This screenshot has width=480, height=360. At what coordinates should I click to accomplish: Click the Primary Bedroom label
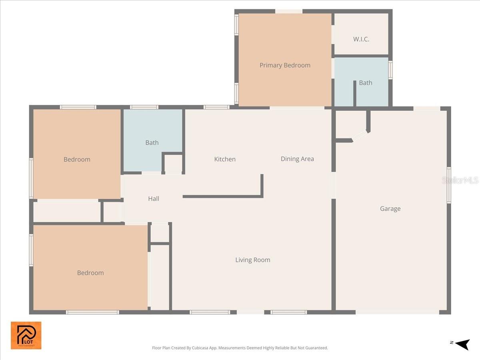click(x=285, y=65)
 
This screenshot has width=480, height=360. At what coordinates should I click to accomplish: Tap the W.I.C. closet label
click(x=361, y=39)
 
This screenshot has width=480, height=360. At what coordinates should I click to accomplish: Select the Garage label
click(x=390, y=208)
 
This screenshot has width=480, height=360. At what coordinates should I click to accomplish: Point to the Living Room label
click(x=252, y=260)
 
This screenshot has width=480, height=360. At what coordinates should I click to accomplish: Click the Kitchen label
click(x=225, y=159)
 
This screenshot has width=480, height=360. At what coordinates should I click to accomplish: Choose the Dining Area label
click(x=297, y=159)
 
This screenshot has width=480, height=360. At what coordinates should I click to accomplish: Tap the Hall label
click(x=154, y=198)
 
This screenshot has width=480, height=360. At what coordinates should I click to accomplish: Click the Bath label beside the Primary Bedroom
click(x=365, y=83)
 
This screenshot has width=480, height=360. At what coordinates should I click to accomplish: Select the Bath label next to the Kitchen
click(x=152, y=142)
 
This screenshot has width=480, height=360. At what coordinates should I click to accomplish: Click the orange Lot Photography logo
click(x=26, y=335)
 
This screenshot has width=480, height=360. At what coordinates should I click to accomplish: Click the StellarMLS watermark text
click(x=460, y=180)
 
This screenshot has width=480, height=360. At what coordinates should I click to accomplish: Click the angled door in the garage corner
click(x=360, y=136)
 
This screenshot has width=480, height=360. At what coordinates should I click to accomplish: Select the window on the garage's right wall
click(x=449, y=185)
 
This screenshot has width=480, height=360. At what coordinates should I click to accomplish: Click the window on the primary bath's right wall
click(x=390, y=70)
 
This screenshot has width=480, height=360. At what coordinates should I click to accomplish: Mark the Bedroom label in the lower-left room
click(x=90, y=273)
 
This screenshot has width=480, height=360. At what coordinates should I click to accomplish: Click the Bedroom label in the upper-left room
click(x=77, y=159)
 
